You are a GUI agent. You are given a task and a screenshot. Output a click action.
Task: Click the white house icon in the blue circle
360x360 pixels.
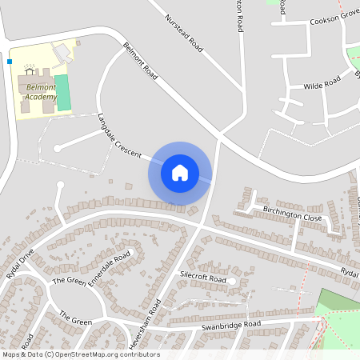coord(180,172)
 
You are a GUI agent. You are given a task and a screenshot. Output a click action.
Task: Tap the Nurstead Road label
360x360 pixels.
coord(184,33)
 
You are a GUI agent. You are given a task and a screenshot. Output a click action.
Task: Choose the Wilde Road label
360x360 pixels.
coord(322,84)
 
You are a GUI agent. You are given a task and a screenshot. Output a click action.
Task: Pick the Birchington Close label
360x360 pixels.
coord(292,213)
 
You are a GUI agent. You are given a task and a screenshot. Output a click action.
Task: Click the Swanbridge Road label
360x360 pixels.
coord(231,325)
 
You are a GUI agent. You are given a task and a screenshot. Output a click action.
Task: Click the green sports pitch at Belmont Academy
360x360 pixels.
coord(62,93)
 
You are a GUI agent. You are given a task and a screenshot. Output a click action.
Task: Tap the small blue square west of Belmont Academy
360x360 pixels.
coord(10,60)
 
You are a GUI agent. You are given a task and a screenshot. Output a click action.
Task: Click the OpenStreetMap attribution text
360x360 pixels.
coord(80,354)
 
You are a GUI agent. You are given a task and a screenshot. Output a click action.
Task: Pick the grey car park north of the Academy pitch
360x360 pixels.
coord(62,53)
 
